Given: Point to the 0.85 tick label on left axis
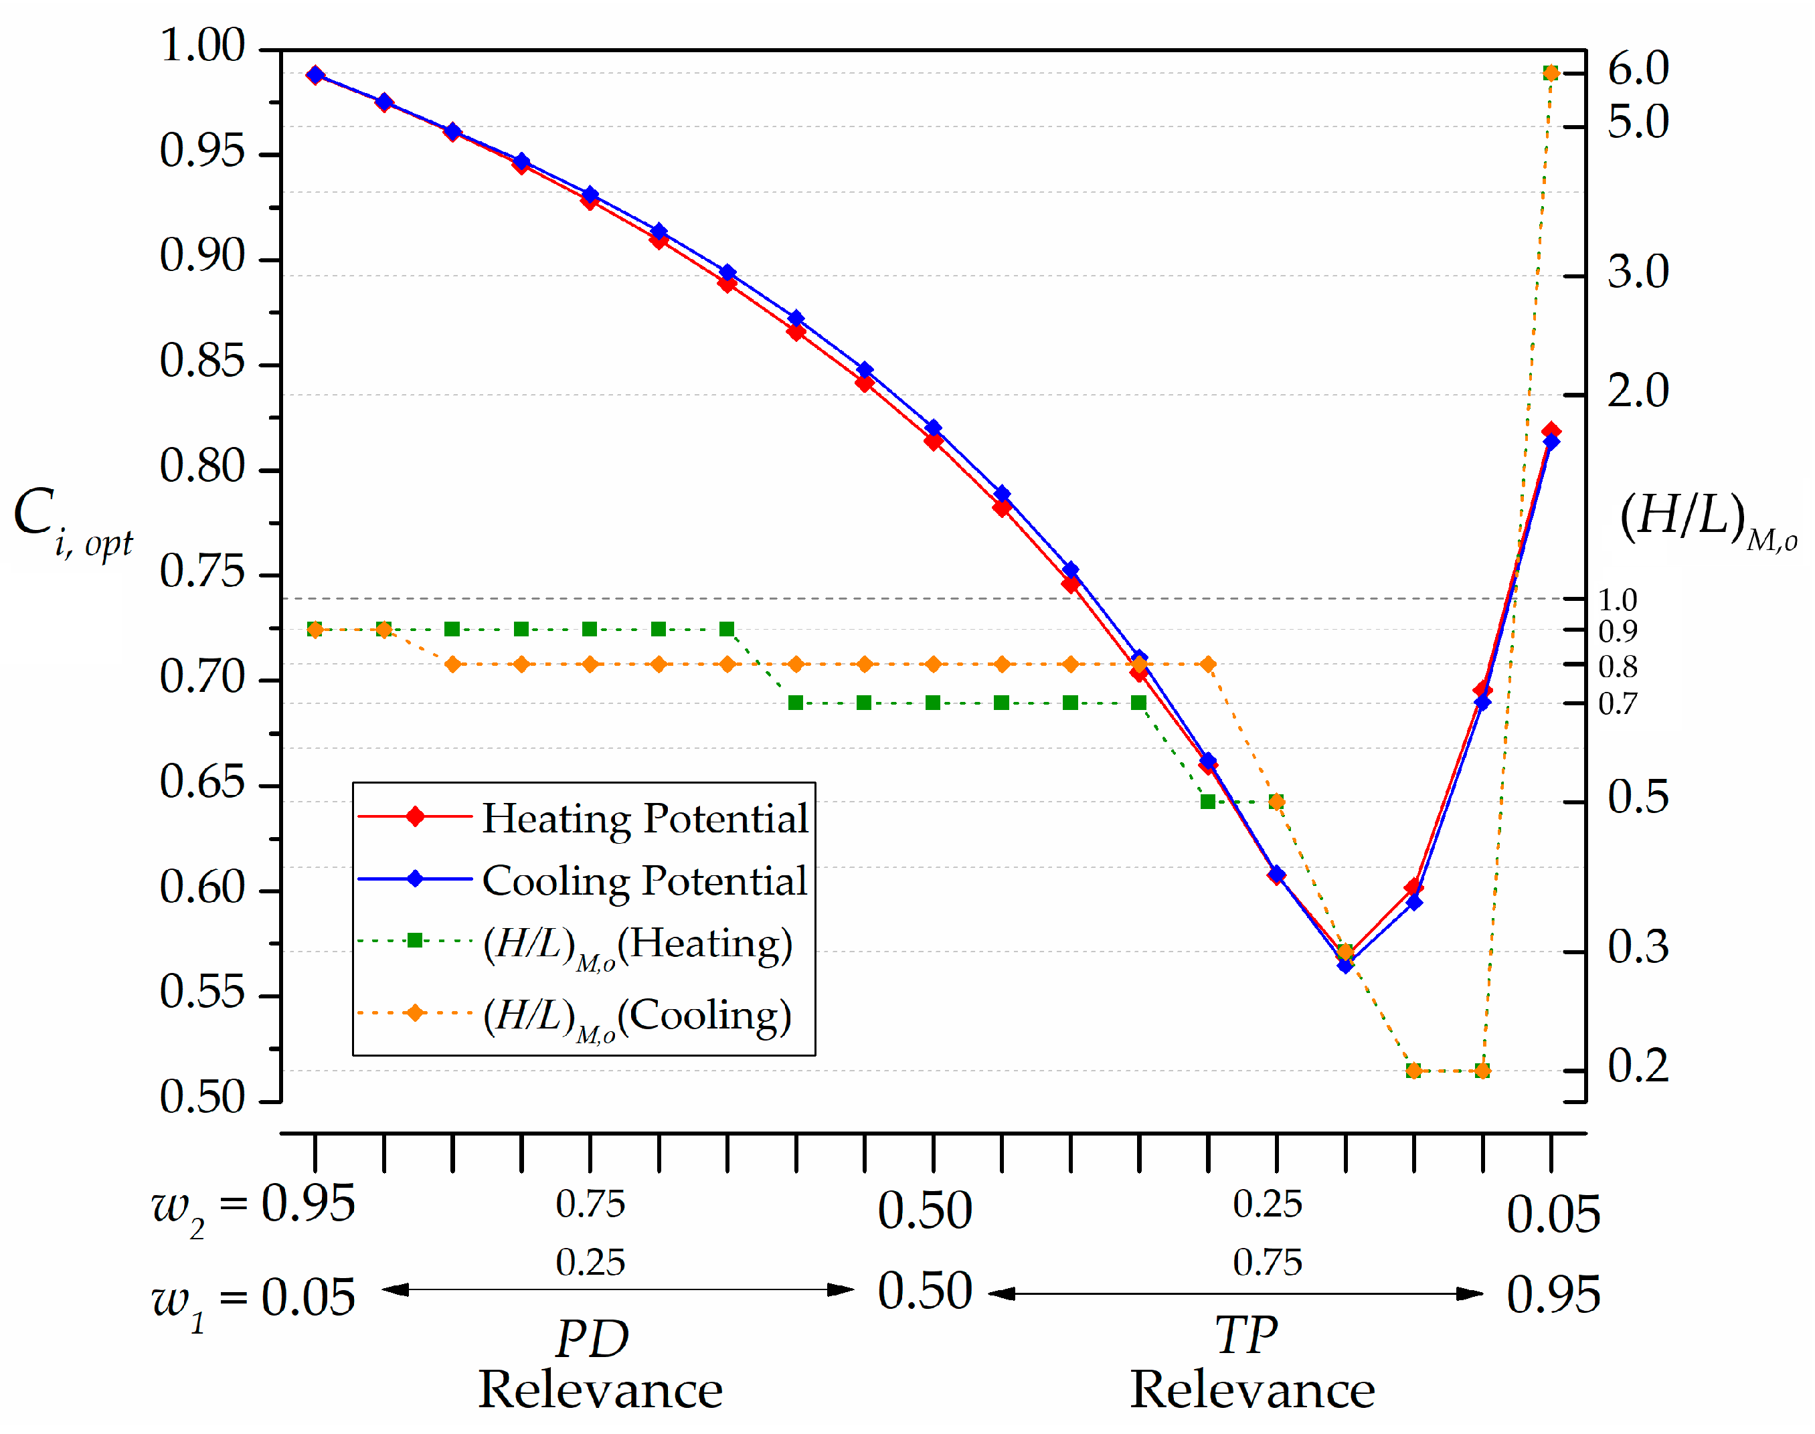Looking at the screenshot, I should tap(202, 361).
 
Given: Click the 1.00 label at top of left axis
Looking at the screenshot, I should tap(202, 46).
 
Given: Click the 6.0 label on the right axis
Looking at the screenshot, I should tap(1637, 69).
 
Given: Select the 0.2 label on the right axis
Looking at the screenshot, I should tap(1637, 1066).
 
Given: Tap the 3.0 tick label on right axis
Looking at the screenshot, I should tap(1637, 273).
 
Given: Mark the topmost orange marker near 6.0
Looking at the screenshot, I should tap(1551, 73).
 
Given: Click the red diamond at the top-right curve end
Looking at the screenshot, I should tap(1551, 431).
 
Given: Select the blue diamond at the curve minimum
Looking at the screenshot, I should tap(1345, 966).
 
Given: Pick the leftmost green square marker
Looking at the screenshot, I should tap(315, 629).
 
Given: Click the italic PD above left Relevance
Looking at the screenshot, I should tap(592, 1338).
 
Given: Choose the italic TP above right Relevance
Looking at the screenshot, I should tap(1247, 1335).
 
